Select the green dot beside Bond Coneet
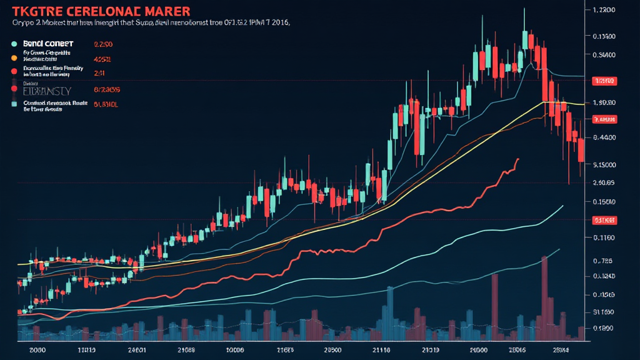pos(14,44)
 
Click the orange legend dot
pos(14,57)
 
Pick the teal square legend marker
pos(14,104)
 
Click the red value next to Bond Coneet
pos(103,45)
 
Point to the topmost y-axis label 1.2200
pos(604,11)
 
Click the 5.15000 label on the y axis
pos(604,165)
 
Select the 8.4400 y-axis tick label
pos(604,137)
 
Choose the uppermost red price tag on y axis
pos(604,81)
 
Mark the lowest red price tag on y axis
pos(604,220)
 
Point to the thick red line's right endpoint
pos(518,159)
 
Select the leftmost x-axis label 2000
pos(37,351)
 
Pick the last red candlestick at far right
pos(581,150)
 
